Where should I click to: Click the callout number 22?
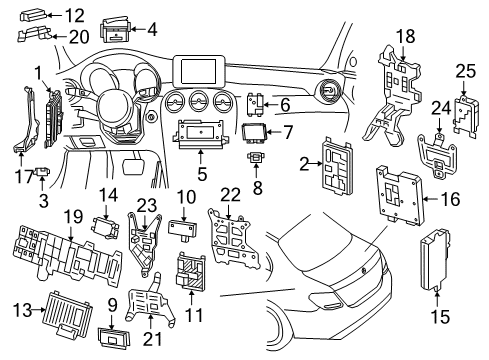tap(231, 193)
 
